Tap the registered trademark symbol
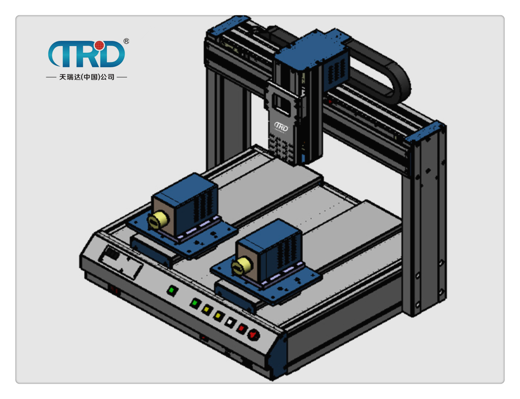click(126, 41)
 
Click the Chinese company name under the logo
click(87, 77)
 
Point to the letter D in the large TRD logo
click(113, 54)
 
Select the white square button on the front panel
click(230, 322)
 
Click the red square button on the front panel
click(241, 328)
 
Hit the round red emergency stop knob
click(254, 335)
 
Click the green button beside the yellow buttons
click(195, 303)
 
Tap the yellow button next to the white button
click(218, 315)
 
